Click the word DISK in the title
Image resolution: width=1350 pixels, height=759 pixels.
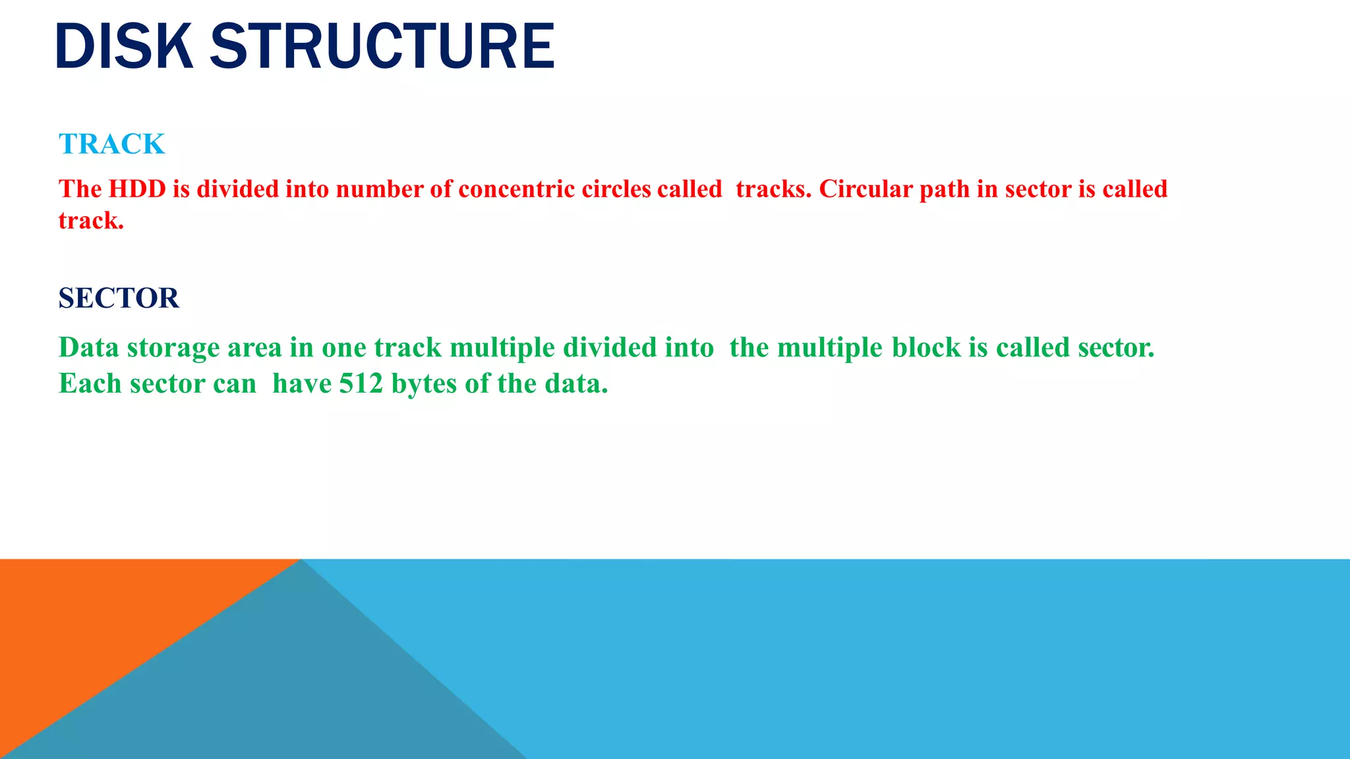point(124,46)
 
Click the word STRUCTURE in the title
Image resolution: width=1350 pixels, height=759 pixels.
point(382,46)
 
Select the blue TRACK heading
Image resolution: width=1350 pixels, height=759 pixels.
point(111,144)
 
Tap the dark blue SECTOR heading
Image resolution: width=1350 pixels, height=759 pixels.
point(119,298)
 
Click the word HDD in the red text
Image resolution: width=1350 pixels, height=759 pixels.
point(137,189)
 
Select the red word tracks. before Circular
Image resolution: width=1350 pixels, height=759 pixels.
point(773,189)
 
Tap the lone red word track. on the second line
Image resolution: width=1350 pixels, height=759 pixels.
point(91,221)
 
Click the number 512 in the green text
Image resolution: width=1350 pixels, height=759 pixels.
point(361,383)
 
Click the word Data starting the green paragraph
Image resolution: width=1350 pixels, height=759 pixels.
point(88,347)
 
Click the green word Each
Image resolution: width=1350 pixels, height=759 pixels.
point(90,383)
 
